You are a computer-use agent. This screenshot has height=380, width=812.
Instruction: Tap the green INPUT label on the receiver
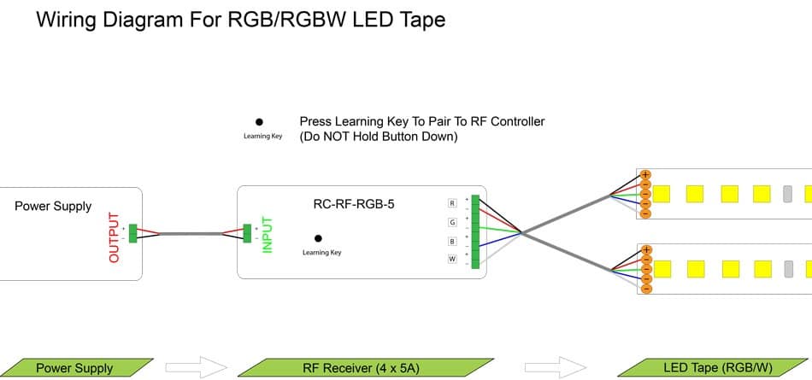point(267,233)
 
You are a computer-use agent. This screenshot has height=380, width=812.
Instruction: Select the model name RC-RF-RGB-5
point(354,204)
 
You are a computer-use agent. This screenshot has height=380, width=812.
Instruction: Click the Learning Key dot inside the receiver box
point(319,238)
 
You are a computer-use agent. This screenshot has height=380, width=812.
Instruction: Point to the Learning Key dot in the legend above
point(259,123)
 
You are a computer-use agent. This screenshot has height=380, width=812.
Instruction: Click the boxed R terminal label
point(452,203)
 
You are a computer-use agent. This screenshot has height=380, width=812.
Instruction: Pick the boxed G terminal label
point(452,222)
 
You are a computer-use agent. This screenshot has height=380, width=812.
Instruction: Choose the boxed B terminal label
point(452,241)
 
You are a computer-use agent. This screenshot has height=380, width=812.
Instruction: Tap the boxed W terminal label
point(452,259)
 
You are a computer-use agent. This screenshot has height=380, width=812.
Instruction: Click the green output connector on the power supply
point(132,231)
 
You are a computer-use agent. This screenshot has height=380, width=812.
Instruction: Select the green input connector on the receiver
point(247,232)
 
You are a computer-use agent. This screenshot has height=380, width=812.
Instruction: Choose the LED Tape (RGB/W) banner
point(716,368)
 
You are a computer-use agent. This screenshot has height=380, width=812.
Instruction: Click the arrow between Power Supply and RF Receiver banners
point(196,368)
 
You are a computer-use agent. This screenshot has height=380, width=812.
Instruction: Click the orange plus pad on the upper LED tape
point(645,175)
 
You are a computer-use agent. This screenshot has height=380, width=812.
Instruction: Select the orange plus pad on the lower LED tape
point(645,250)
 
